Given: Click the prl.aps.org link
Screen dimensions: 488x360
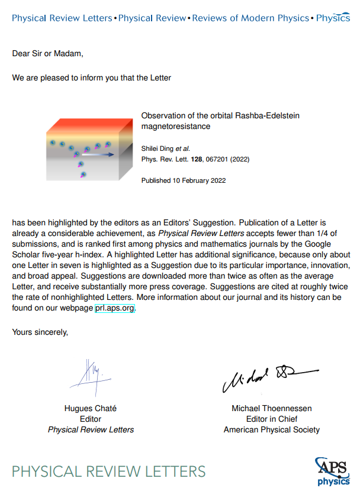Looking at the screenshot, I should tap(115, 308).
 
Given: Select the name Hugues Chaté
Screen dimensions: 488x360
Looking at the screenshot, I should tap(91, 409).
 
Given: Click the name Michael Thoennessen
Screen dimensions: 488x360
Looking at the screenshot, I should tap(271, 409).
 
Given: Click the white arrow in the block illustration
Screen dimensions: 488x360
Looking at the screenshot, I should tap(100, 155).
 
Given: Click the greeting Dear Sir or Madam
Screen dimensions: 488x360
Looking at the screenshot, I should tap(48, 54).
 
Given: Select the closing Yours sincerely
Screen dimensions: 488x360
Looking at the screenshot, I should tap(40, 332).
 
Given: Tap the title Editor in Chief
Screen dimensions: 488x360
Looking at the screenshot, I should tap(271, 419).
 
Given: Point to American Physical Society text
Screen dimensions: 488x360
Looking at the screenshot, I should tap(271, 430).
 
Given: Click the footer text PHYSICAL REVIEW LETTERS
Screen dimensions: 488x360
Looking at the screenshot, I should tap(109, 471).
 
